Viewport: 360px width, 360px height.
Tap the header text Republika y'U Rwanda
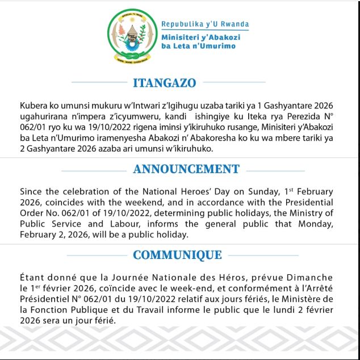(x=205, y=24)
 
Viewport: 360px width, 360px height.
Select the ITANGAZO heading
(x=164, y=83)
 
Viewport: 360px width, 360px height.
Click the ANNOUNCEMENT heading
(x=186, y=169)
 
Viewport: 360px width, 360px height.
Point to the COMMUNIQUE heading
(x=177, y=255)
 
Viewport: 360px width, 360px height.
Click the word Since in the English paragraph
(x=31, y=192)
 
